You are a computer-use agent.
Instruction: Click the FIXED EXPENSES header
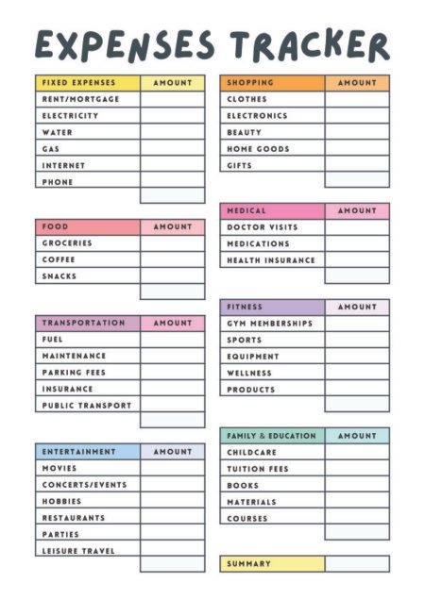point(78,83)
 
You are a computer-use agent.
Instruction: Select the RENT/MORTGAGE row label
point(81,99)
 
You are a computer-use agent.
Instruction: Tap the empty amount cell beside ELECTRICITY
point(172,116)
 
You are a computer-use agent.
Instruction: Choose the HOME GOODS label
point(258,149)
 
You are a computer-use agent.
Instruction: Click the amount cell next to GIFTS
point(357,165)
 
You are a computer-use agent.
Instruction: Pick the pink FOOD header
point(56,226)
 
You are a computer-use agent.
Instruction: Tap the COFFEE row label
point(59,259)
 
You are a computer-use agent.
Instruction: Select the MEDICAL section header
point(246,210)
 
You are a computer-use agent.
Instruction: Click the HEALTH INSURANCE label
point(271,260)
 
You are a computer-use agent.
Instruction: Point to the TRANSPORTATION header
point(83,323)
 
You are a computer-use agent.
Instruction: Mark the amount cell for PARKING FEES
point(172,373)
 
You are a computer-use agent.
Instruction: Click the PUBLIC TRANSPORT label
point(87,406)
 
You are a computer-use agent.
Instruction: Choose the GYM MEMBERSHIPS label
point(269,324)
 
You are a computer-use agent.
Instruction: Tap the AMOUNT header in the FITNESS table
point(357,307)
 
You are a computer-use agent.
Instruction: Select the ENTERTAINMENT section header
point(79,452)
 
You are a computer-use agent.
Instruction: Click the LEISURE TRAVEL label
point(79,551)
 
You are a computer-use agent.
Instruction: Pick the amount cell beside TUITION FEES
point(357,469)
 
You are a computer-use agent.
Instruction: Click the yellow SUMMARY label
point(248,564)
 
